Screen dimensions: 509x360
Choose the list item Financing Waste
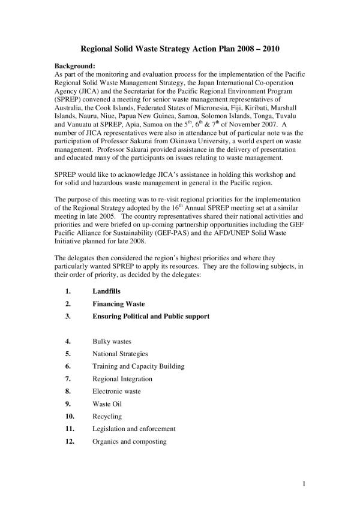[x=118, y=303]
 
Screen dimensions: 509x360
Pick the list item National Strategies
[x=120, y=354]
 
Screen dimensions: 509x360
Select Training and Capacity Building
[x=138, y=366]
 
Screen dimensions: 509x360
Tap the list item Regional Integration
[x=122, y=378]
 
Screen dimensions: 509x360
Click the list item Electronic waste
[x=116, y=391]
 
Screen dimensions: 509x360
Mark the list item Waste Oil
[x=107, y=403]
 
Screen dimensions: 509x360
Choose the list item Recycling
[x=107, y=416]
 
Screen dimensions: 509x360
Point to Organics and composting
[x=129, y=441]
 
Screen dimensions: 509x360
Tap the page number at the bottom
[x=305, y=483]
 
